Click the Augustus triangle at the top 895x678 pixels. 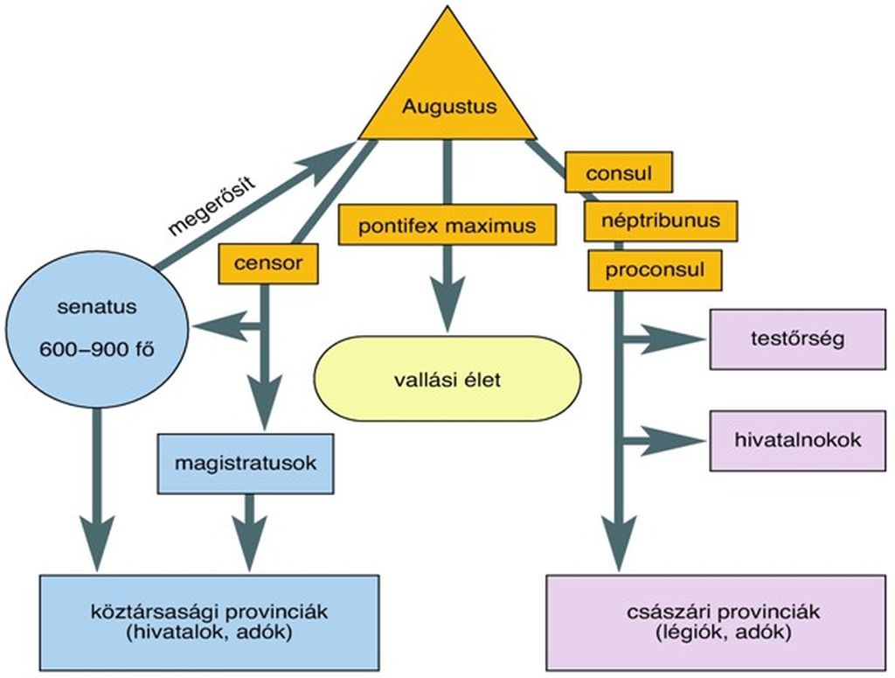(x=447, y=97)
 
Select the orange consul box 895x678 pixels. (x=619, y=172)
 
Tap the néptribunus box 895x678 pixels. (x=661, y=220)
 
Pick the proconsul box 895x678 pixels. (x=655, y=270)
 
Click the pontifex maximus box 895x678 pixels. (x=447, y=225)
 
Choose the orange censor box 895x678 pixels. (x=268, y=263)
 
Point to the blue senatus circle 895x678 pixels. (x=97, y=330)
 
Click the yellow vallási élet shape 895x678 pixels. (x=447, y=379)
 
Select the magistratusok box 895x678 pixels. (x=246, y=464)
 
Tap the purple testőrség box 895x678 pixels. (x=797, y=339)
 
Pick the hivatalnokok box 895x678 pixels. (x=797, y=440)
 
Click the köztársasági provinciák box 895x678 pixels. (x=209, y=623)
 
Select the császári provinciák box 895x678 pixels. (x=717, y=623)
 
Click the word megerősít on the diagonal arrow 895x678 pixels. (x=212, y=206)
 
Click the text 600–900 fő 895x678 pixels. (x=97, y=350)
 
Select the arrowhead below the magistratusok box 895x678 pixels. (x=248, y=542)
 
